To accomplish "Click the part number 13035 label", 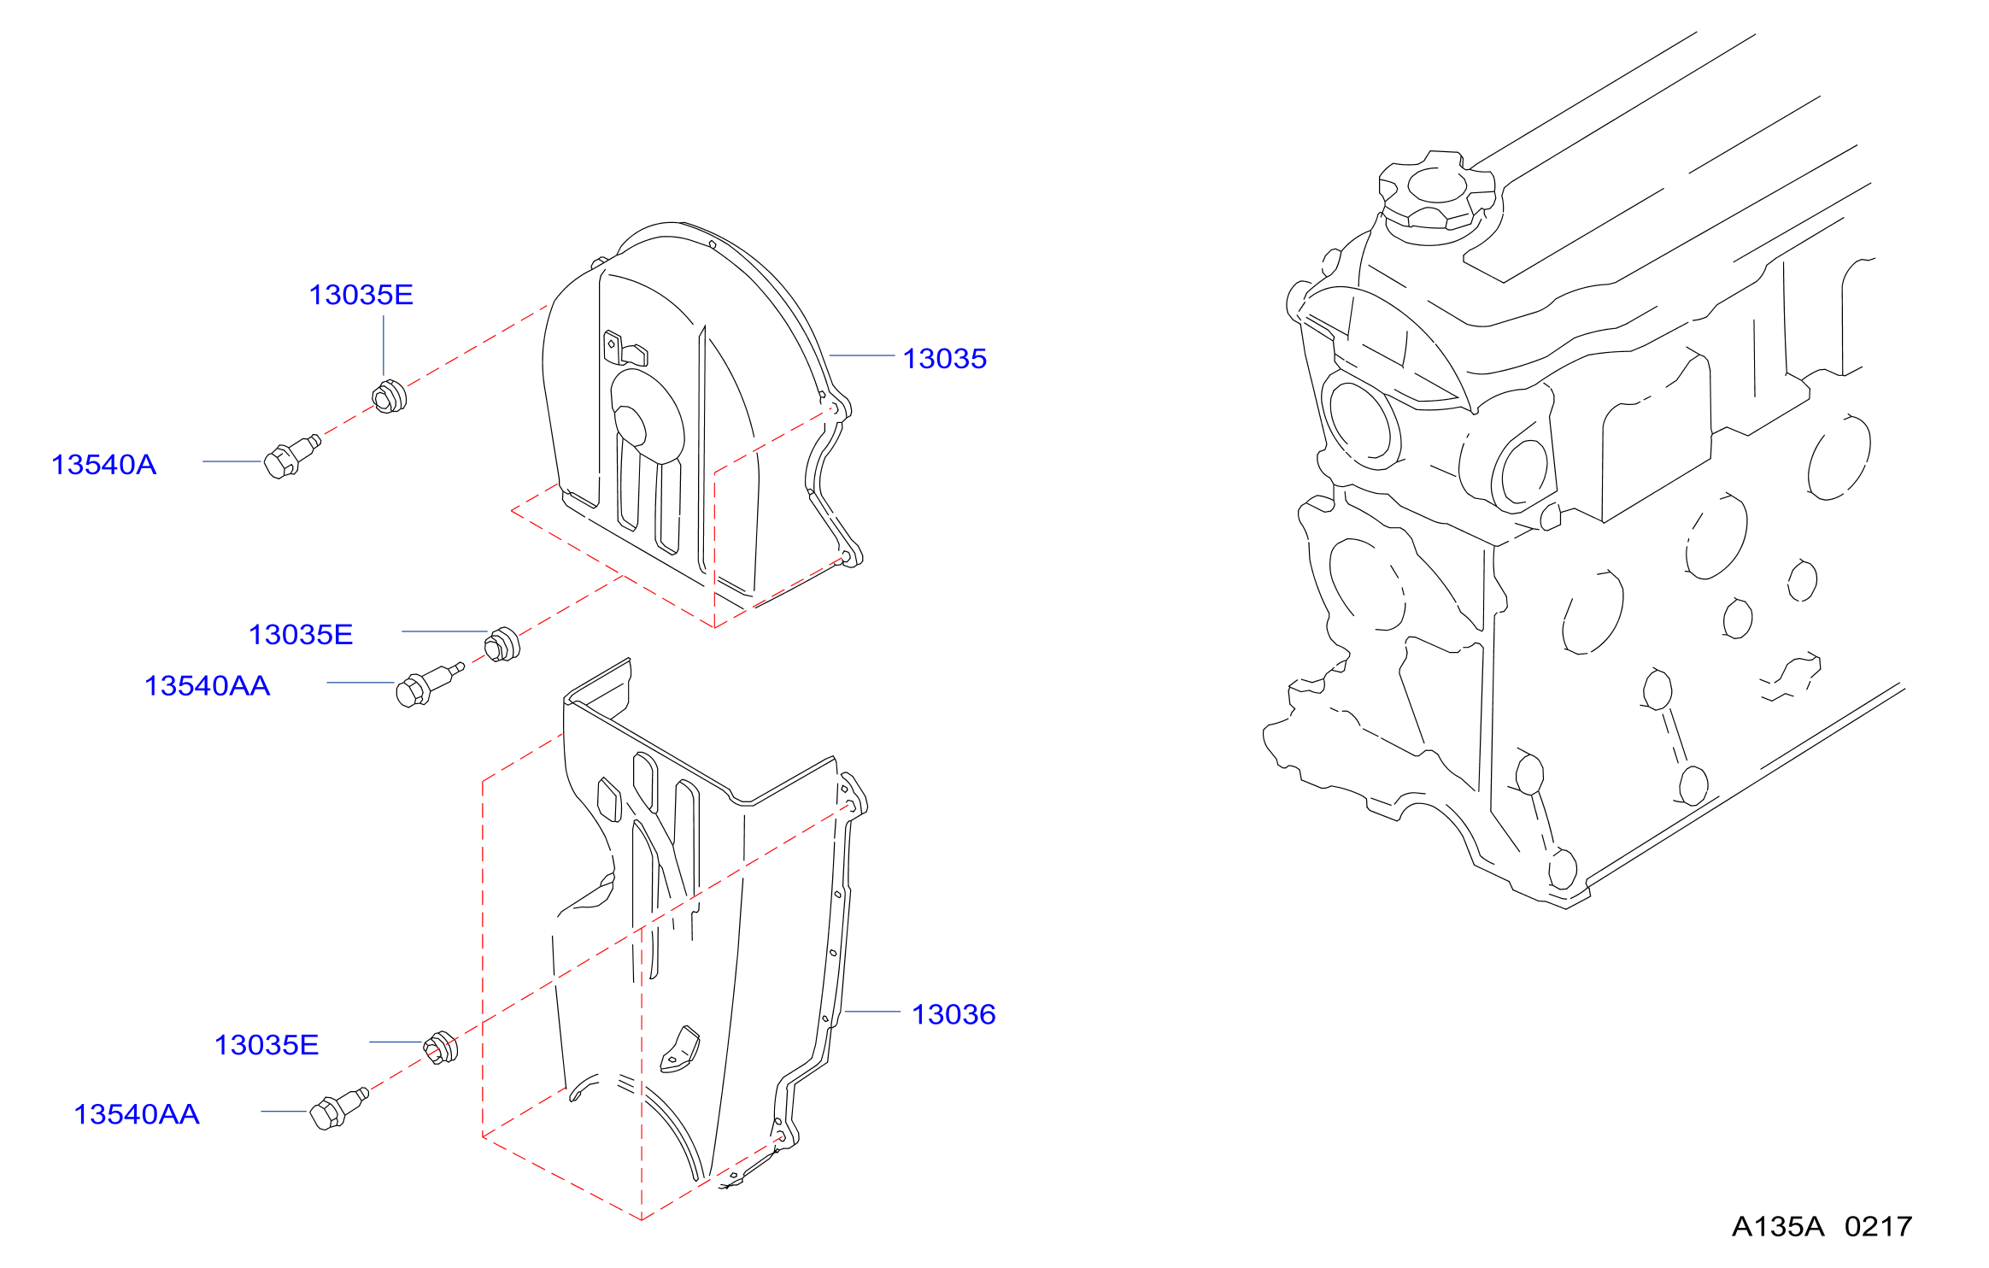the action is click(x=944, y=359).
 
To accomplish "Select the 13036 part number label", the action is click(x=953, y=1014).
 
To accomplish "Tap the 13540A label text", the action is click(x=103, y=465).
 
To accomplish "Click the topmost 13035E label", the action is click(x=361, y=295).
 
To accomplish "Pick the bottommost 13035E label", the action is click(x=267, y=1045).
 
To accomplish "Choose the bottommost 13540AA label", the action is click(x=137, y=1114).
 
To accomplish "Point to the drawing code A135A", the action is click(x=1778, y=1227).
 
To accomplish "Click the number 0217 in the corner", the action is click(x=1878, y=1227).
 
